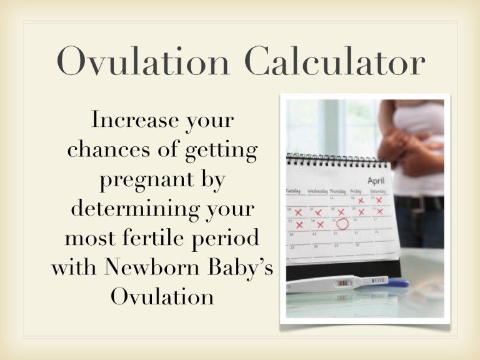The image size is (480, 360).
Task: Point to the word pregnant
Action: point(136,179)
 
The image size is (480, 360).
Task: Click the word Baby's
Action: point(240,267)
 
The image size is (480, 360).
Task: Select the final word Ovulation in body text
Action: point(162,297)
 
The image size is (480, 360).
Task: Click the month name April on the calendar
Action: point(376,180)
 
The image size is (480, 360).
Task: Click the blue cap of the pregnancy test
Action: point(397,283)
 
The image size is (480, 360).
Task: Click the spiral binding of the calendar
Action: point(337,158)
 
